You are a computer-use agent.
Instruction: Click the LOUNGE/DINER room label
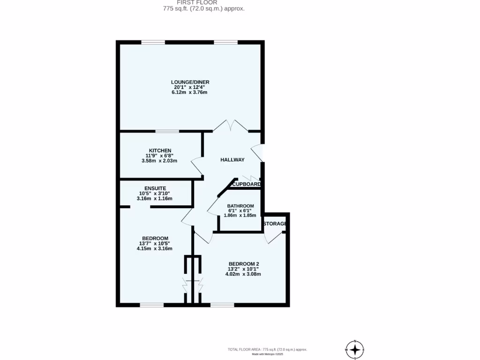point(190,82)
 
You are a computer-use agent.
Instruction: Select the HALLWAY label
point(232,160)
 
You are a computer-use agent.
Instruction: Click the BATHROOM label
point(240,206)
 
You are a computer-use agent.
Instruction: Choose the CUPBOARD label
point(247,184)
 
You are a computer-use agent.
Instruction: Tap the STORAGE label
point(275,224)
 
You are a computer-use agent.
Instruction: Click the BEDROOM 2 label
point(243,263)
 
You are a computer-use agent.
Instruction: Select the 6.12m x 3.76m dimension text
point(190,93)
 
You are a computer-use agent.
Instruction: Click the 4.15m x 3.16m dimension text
point(154,248)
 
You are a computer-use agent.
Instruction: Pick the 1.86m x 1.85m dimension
point(240,216)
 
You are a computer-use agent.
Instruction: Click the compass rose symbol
point(355,349)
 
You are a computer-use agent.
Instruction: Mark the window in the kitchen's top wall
point(167,131)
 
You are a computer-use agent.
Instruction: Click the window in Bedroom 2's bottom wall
point(222,305)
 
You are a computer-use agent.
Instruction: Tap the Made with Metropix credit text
point(268,354)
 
